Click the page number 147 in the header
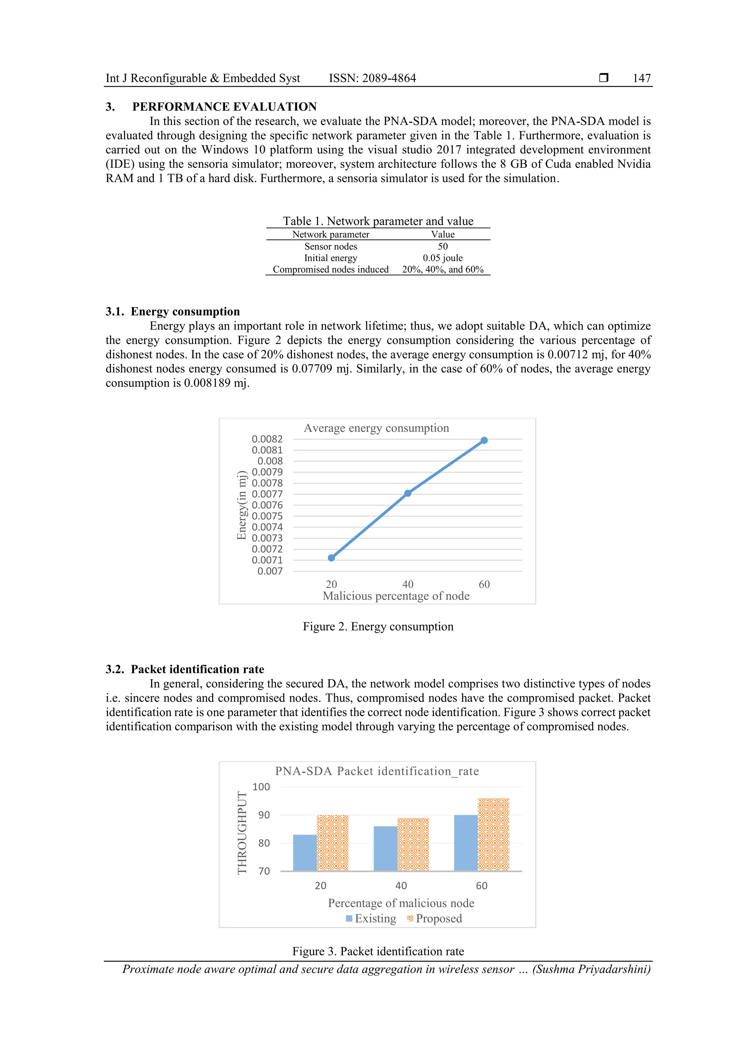point(641,78)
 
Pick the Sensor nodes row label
point(331,247)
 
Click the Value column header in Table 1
point(443,234)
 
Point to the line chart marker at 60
point(484,440)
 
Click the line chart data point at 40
point(407,493)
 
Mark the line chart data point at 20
point(332,557)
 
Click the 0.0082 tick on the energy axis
point(267,439)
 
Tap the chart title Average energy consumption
point(376,428)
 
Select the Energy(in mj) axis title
point(241,506)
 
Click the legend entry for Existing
point(371,919)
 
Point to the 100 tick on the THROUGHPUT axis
point(261,787)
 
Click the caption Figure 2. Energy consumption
point(378,626)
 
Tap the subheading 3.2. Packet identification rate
point(185,669)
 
